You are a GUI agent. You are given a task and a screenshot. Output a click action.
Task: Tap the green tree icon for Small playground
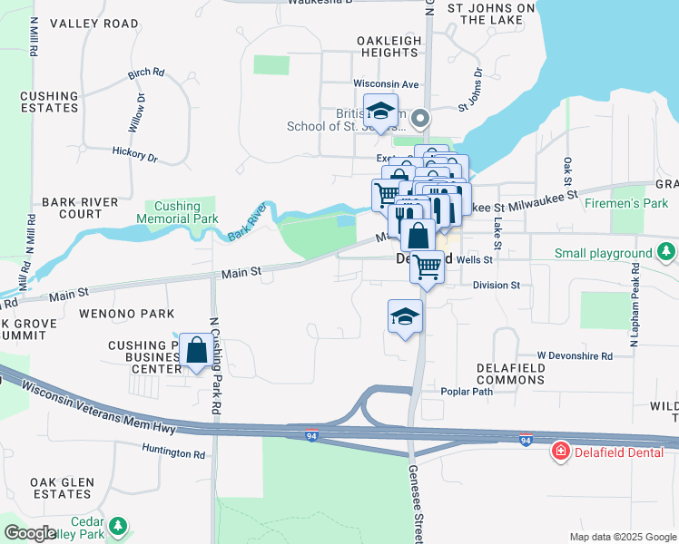pos(667,251)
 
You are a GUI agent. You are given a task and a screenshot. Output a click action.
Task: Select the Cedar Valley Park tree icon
pos(117,526)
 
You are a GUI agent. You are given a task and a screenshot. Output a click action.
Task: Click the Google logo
pos(30,532)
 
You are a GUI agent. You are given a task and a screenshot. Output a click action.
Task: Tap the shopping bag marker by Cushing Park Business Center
pos(196,350)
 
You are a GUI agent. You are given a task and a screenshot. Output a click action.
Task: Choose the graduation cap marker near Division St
pos(406,316)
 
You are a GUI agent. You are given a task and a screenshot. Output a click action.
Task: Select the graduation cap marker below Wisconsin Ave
pos(380,111)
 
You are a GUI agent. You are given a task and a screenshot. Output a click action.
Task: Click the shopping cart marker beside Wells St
pos(427,267)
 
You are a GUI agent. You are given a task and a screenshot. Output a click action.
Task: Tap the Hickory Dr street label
pos(135,155)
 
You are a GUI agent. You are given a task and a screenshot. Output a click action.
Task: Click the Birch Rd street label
pos(145,73)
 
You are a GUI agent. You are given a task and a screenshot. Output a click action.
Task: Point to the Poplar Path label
pos(466,392)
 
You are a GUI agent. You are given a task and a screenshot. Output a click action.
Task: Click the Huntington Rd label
pos(173,452)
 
